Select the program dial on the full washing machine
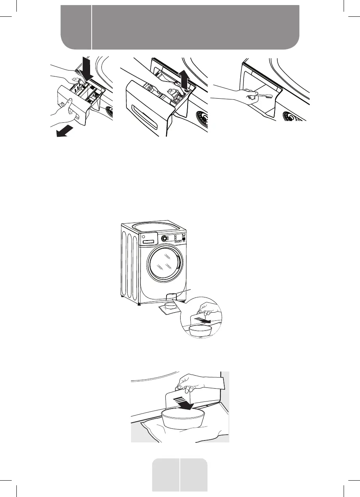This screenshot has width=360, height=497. (x=165, y=238)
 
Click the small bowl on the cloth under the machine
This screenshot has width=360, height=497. (x=171, y=306)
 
